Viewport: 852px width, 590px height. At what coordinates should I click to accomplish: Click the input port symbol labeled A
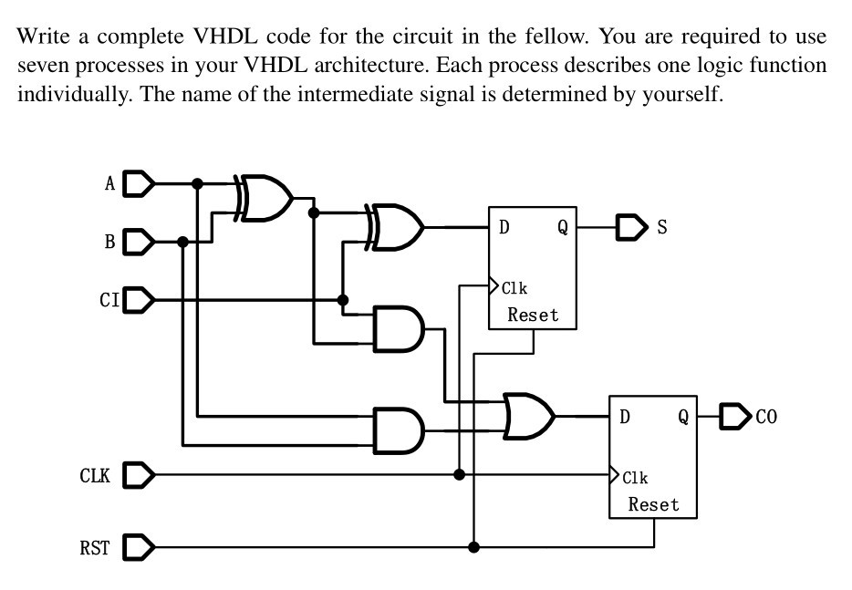point(138,184)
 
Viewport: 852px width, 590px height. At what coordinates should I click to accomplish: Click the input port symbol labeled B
point(138,242)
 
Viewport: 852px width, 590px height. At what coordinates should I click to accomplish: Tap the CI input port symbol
point(138,299)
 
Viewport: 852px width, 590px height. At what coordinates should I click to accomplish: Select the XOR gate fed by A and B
point(265,198)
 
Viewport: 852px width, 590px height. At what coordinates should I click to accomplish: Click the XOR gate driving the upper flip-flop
point(395,226)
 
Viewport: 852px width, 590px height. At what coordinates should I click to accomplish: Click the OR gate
point(528,417)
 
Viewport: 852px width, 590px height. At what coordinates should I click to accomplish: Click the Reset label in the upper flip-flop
point(533,316)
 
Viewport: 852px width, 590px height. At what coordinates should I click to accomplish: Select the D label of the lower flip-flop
point(625,418)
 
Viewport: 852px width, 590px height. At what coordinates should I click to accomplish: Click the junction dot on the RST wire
point(473,547)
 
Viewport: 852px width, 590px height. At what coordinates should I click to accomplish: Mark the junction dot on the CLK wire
point(460,474)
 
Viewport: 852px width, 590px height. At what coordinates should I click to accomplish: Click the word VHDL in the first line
point(219,36)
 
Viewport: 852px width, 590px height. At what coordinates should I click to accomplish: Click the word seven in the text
point(42,67)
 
